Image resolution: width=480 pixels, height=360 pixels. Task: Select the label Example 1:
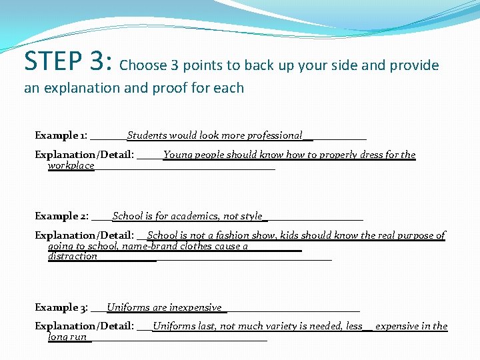pos(61,136)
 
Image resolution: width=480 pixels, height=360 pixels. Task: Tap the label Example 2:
pos(62,217)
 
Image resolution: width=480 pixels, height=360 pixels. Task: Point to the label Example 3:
pos(62,308)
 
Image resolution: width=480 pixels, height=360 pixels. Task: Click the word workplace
pos(71,165)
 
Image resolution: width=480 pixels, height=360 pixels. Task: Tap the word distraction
pos(73,256)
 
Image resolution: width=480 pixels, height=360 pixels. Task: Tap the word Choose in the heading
pos(143,65)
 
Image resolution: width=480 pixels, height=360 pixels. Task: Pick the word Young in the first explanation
pos(177,155)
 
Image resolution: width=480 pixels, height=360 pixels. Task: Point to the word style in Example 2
pos(252,216)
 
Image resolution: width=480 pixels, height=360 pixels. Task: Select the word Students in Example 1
pos(147,135)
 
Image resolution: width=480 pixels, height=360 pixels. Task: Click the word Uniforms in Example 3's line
pos(129,307)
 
